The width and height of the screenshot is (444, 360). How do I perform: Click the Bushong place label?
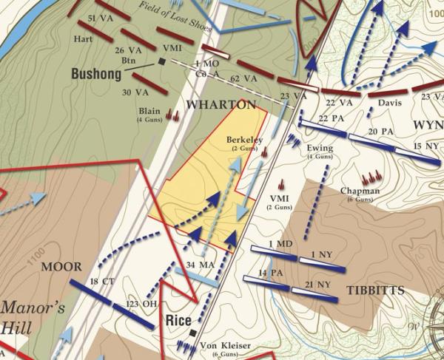pyautogui.click(x=96, y=74)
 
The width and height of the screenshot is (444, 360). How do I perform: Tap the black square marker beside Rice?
pyautogui.click(x=193, y=333)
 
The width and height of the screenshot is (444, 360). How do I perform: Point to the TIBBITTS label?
pyautogui.click(x=377, y=291)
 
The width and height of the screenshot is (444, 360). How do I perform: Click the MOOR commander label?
pyautogui.click(x=61, y=266)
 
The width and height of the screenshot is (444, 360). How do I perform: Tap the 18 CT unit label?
pyautogui.click(x=99, y=282)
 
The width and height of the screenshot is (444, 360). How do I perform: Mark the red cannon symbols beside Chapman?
pyautogui.click(x=369, y=177)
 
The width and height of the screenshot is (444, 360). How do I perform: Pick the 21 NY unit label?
pyautogui.click(x=318, y=284)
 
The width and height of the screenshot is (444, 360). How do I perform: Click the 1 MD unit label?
pyautogui.click(x=280, y=244)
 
